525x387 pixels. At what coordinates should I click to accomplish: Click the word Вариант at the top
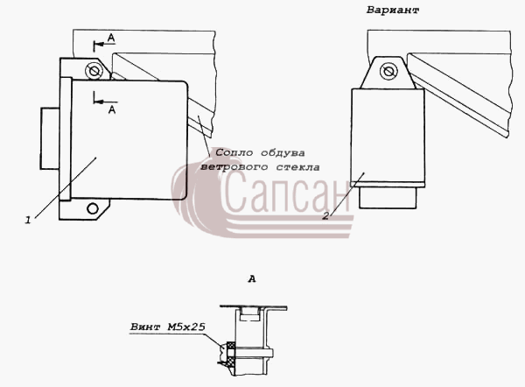click(x=392, y=10)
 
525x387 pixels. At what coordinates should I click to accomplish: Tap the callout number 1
click(x=28, y=220)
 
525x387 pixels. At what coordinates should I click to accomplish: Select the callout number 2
click(x=325, y=216)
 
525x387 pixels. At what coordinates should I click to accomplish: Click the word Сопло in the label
click(x=234, y=153)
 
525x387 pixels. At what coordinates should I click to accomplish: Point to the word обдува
click(x=283, y=153)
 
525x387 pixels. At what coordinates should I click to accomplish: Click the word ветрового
click(x=234, y=167)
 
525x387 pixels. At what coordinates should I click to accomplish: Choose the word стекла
click(x=297, y=167)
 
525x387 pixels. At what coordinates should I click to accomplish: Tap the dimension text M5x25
click(x=186, y=327)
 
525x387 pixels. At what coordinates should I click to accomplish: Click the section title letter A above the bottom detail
click(x=252, y=278)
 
